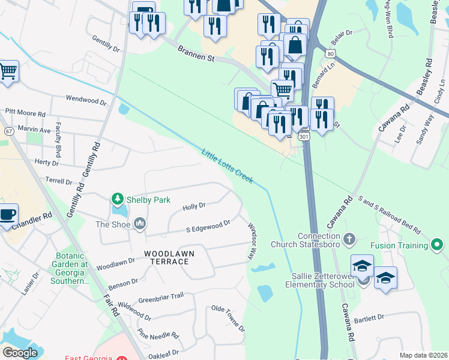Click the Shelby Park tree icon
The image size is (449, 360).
click(x=118, y=199)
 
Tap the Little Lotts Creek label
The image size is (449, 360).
click(x=228, y=166)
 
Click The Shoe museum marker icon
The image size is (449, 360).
click(x=140, y=224)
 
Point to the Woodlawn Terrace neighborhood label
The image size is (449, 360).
click(x=169, y=253)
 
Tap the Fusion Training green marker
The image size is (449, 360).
click(x=437, y=245)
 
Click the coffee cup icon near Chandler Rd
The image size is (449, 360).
click(x=8, y=214)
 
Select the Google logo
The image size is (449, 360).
click(x=20, y=353)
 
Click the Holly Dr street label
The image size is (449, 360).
click(x=194, y=206)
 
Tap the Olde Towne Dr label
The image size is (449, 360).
click(x=228, y=317)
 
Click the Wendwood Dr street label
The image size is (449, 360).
click(x=86, y=98)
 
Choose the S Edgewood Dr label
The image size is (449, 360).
click(x=208, y=226)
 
